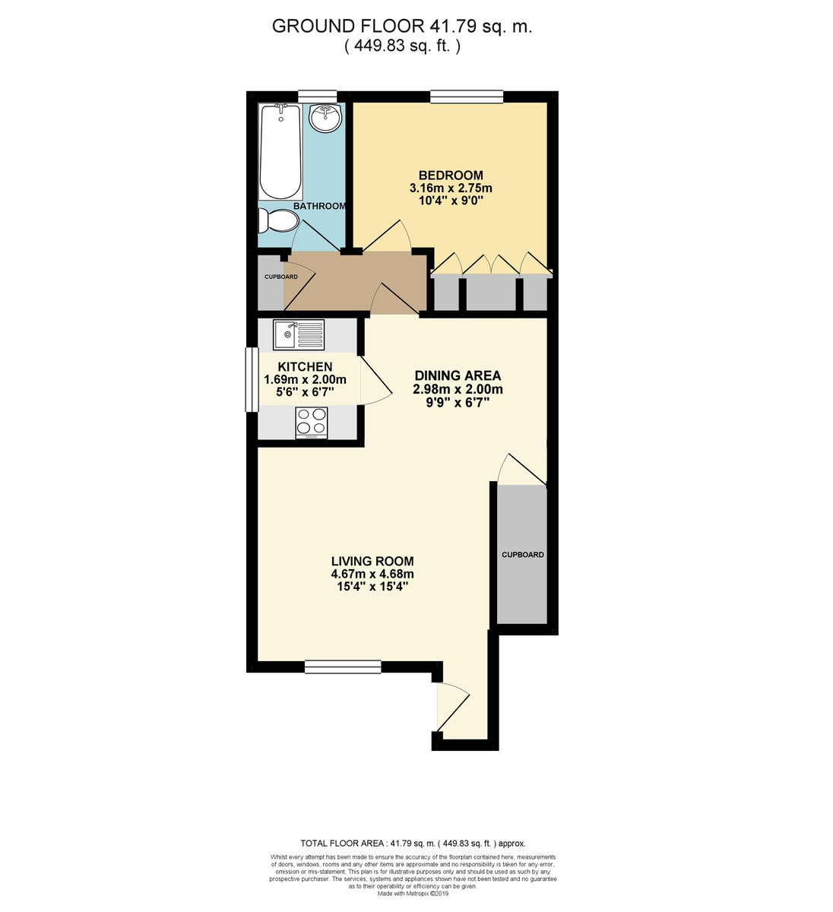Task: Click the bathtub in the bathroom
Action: pyautogui.click(x=280, y=152)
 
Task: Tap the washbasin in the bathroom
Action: pyautogui.click(x=326, y=118)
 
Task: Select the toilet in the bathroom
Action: pyautogui.click(x=277, y=221)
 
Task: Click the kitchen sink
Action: pyautogui.click(x=299, y=333)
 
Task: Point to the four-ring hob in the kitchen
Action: pyautogui.click(x=311, y=423)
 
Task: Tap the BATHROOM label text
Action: pyautogui.click(x=319, y=206)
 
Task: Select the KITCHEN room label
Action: pyautogui.click(x=305, y=367)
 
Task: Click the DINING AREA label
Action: pyautogui.click(x=458, y=375)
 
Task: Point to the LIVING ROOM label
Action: pyautogui.click(x=372, y=562)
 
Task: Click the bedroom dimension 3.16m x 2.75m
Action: pyautogui.click(x=451, y=188)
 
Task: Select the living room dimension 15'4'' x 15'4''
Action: pyautogui.click(x=372, y=587)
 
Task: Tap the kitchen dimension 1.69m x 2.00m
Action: pyautogui.click(x=305, y=380)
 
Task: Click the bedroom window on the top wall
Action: pyautogui.click(x=466, y=96)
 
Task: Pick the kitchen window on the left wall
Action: pyautogui.click(x=249, y=379)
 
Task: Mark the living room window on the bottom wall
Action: pyautogui.click(x=343, y=667)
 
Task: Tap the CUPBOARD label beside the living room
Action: pyautogui.click(x=522, y=555)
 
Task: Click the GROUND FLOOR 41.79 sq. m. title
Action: pyautogui.click(x=402, y=27)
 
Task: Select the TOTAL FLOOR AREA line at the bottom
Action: pyautogui.click(x=413, y=843)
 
